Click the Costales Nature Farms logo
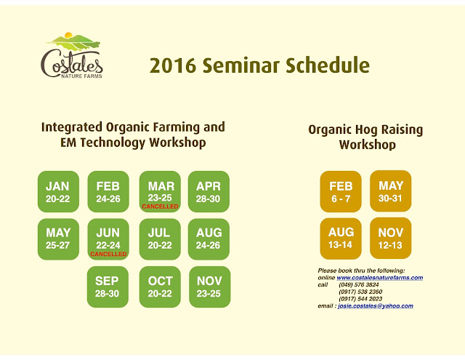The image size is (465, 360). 72,55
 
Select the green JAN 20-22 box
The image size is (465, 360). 58,191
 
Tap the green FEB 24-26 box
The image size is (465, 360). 108,191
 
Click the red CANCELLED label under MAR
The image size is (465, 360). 160,207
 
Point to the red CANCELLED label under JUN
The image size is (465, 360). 108,254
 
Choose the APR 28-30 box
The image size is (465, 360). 209,191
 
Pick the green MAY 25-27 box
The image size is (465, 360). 58,239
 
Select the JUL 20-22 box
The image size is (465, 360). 160,239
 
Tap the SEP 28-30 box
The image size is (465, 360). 108,287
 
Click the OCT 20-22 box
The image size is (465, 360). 160,287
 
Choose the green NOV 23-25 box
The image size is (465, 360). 210,287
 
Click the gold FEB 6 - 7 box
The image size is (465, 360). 341,191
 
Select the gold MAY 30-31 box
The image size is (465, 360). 391,191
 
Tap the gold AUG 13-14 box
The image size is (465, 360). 341,239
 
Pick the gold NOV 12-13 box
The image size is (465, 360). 391,238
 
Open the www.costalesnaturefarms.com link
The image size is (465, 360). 380,278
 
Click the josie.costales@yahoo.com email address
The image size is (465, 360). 376,306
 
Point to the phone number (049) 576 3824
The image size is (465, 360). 359,284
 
